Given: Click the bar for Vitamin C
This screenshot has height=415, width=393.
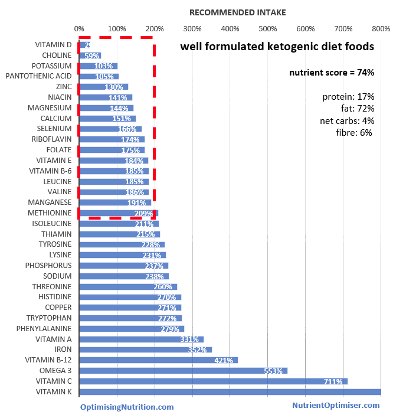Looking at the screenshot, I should [212, 381].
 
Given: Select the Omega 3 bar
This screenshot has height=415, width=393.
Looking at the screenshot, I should [183, 371].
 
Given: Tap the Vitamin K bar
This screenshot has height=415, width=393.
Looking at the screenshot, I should [230, 392].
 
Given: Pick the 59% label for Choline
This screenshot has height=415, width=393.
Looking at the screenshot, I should [92, 55].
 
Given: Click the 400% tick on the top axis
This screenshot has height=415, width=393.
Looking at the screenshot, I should [230, 28].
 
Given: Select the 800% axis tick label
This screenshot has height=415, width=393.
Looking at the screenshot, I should [381, 28].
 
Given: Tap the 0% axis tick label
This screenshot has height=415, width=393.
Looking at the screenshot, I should [78, 28].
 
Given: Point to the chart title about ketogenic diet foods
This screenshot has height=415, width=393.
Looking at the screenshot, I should [277, 47].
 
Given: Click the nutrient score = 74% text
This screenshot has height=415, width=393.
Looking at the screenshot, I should [331, 72].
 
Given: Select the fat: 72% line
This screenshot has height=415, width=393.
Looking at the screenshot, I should [357, 109].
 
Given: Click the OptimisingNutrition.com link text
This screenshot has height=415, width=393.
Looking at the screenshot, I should [127, 407].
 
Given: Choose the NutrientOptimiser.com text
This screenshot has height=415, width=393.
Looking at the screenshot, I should [336, 405].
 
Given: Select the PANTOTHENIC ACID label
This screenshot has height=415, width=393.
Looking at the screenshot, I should [38, 76].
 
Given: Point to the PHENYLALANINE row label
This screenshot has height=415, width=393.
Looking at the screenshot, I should [44, 329].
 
